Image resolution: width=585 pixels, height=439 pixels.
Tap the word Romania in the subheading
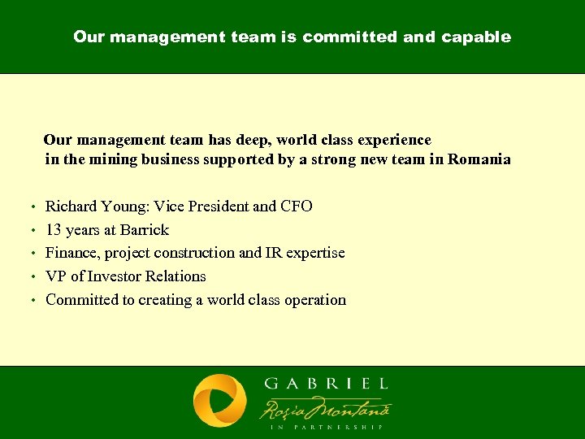click(479, 159)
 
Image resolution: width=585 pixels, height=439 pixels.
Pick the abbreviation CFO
click(296, 206)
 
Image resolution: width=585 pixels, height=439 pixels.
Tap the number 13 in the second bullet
click(54, 230)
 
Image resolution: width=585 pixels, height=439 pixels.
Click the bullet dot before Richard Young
click(31, 207)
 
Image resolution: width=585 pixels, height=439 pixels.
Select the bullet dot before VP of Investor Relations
click(31, 277)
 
